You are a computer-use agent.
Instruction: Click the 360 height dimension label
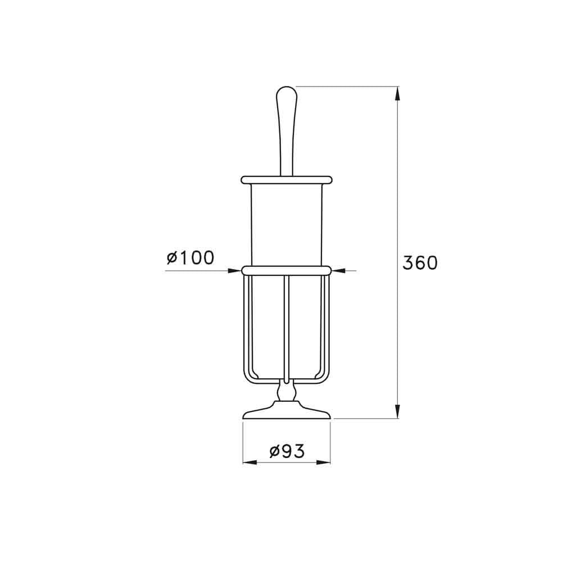pos(420,262)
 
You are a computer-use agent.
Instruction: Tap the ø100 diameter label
pos(191,258)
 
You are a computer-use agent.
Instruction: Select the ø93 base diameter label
pos(287,451)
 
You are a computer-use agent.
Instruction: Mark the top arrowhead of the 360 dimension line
pos(398,93)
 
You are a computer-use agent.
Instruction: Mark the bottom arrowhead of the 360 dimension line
pos(398,411)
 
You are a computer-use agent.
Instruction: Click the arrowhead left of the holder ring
pos(235,271)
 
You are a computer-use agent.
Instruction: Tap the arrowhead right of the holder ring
pos(338,271)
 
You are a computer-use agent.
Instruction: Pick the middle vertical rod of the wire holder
pos(287,326)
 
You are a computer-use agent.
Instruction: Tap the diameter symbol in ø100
pos(172,259)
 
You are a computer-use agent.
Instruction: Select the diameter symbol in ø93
pos(274,451)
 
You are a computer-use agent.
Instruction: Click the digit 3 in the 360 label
pos(408,262)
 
